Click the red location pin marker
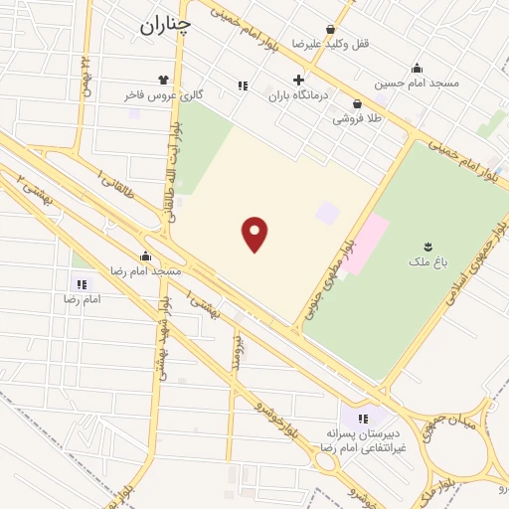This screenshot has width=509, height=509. pos(255,234)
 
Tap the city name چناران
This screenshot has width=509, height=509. pos(163,28)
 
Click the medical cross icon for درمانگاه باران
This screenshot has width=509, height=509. pos(298,80)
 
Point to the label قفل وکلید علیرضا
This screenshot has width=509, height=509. pos(329,44)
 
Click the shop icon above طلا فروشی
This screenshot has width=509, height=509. pos(357,103)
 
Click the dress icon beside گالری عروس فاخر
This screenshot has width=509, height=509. pos(163,80)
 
